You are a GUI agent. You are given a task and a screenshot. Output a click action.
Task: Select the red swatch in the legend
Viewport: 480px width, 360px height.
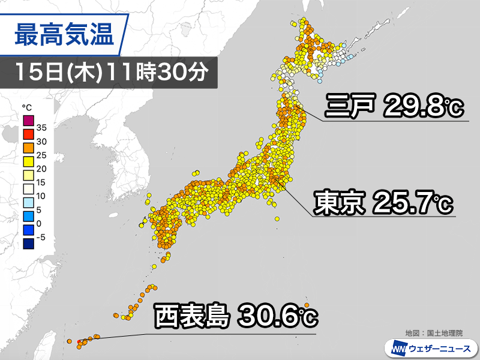(28, 135)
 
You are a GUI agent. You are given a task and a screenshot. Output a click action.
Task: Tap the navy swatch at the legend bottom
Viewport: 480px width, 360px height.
(28, 244)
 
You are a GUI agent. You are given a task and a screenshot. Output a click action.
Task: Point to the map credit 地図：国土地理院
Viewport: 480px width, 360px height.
(439, 332)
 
